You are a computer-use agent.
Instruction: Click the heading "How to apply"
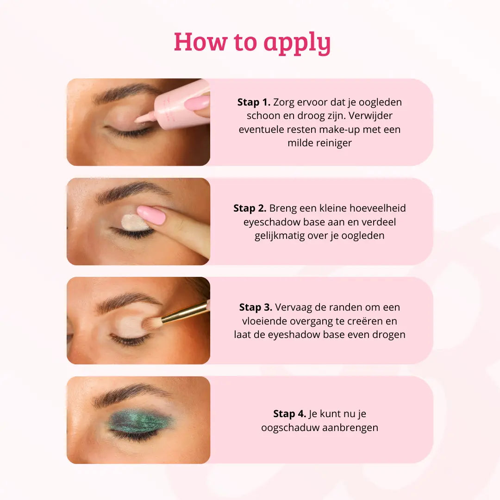click(x=252, y=43)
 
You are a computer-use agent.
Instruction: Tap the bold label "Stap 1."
click(x=254, y=102)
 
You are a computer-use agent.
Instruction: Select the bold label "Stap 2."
click(x=250, y=208)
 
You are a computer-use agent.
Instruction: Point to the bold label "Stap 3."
click(x=256, y=307)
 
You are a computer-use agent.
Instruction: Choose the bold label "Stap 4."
click(x=289, y=414)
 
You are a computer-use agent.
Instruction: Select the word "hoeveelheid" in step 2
click(x=378, y=208)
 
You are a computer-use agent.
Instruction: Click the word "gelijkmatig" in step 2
click(x=280, y=236)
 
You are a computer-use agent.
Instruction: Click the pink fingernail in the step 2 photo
click(x=151, y=215)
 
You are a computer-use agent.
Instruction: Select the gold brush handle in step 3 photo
click(x=185, y=313)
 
